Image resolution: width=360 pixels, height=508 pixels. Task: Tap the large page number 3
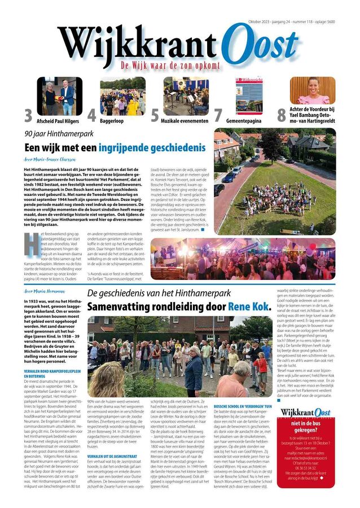point(28,115)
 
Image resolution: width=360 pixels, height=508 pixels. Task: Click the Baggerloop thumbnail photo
point(122,96)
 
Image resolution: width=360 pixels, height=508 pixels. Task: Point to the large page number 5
point(155,115)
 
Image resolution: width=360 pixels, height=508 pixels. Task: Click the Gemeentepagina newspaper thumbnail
point(249,96)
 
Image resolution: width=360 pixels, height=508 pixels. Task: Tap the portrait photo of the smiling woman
point(312,90)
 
